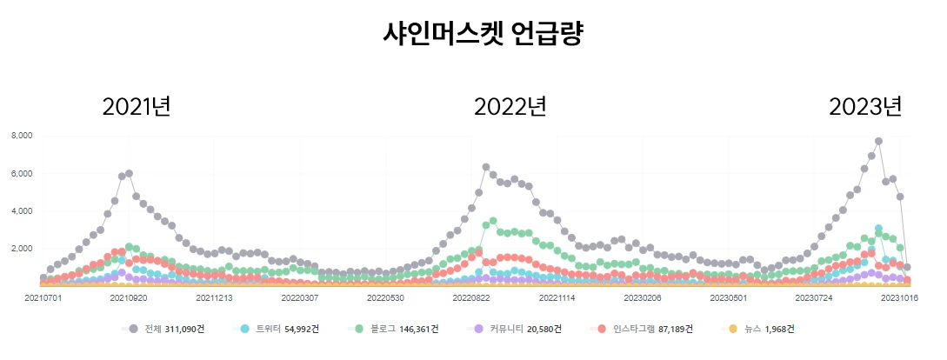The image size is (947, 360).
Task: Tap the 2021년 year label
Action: [137, 107]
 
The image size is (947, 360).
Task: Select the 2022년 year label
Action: [510, 107]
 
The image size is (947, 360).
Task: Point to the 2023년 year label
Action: [865, 107]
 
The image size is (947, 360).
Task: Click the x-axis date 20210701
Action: [43, 297]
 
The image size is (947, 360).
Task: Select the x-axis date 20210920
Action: [129, 297]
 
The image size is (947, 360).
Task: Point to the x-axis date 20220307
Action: [299, 297]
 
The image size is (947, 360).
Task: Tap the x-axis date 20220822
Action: [470, 297]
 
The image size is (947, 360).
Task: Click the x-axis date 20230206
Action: [642, 297]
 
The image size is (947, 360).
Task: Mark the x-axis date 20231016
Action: [899, 297]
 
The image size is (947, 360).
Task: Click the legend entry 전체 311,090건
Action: [170, 329]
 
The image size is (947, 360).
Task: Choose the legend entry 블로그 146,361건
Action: [395, 329]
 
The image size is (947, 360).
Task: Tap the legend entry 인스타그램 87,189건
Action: [644, 329]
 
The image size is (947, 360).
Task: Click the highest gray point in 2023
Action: [878, 141]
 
